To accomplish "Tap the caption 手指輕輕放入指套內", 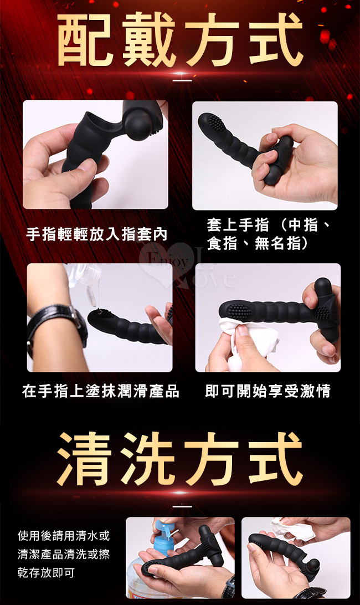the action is (x=97, y=234).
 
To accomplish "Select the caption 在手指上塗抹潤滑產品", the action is (x=101, y=391).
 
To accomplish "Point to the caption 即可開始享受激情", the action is (x=268, y=391).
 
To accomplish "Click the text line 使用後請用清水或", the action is (x=64, y=536).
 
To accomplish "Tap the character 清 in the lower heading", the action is (x=85, y=459).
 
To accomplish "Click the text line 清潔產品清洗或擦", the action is (x=64, y=554).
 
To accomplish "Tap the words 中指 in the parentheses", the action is (x=305, y=225).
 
